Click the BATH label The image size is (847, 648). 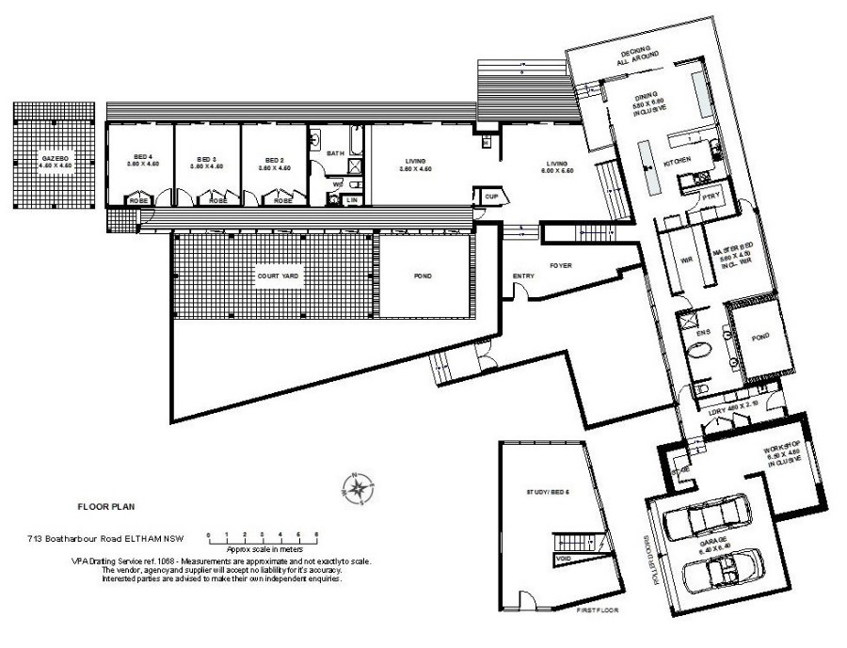click(x=335, y=152)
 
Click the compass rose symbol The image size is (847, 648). click(x=358, y=487)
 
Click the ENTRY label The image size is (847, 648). click(x=524, y=276)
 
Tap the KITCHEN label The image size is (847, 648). click(x=678, y=163)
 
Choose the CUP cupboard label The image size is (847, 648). click(x=491, y=196)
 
